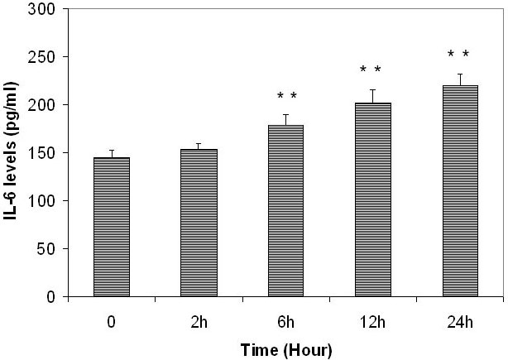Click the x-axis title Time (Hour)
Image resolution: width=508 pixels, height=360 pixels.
[x=285, y=350]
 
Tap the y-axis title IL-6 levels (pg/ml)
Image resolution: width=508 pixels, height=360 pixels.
[x=14, y=154]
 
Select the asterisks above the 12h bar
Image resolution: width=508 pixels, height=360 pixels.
[x=371, y=70]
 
